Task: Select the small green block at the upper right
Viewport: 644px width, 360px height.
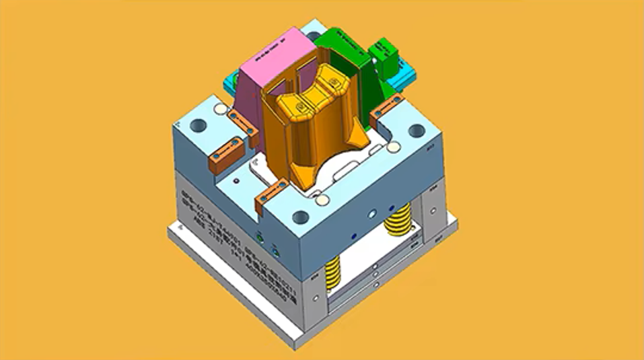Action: click(384, 51)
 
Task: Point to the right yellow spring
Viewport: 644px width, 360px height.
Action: click(399, 221)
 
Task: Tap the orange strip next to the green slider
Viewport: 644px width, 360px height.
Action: click(390, 106)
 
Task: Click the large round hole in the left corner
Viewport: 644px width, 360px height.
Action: click(200, 125)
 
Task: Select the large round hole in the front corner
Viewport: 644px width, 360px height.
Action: click(300, 217)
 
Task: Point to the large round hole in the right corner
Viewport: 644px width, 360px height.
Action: click(415, 131)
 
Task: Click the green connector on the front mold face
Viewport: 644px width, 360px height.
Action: click(260, 236)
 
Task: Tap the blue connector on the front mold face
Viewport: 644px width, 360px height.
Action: click(275, 245)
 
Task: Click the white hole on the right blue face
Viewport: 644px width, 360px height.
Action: click(371, 213)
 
